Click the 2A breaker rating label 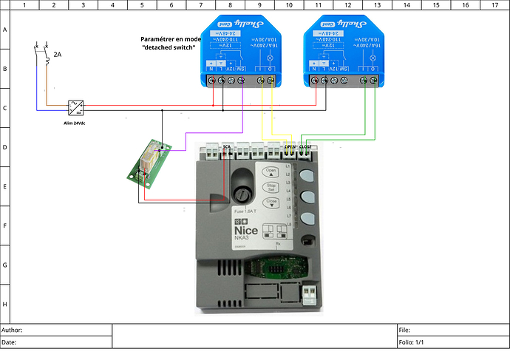pyautogui.click(x=58, y=54)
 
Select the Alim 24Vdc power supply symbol pyautogui.click(x=75, y=106)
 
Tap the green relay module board pyautogui.click(x=150, y=161)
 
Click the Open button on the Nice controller pyautogui.click(x=271, y=173)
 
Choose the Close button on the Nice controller pyautogui.click(x=271, y=203)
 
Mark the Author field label pyautogui.click(x=13, y=330)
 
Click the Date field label pyautogui.click(x=10, y=342)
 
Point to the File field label pyautogui.click(x=404, y=330)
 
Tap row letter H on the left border pyautogui.click(x=5, y=304)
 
